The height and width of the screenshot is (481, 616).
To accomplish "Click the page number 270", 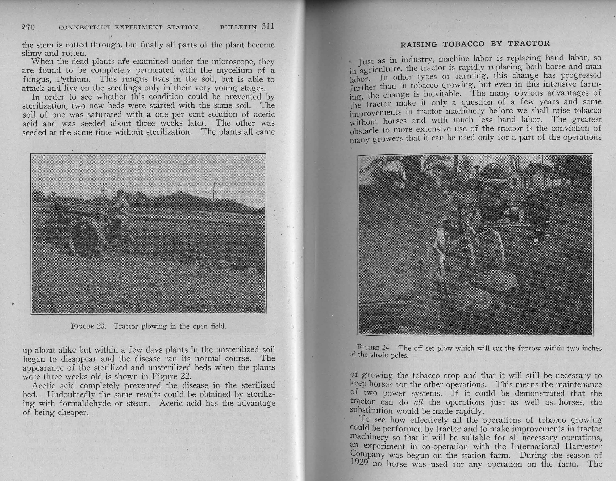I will pyautogui.click(x=28, y=27).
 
